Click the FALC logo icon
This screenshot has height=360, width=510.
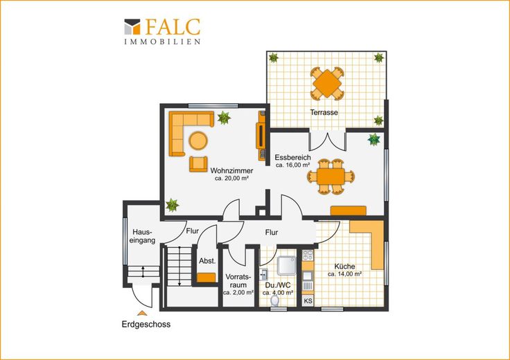[x=132, y=26]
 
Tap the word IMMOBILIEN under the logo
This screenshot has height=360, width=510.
[x=162, y=42]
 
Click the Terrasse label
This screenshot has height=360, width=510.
[x=324, y=112]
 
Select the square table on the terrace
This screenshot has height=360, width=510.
[x=327, y=84]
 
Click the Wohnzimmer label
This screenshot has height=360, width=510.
[x=231, y=170]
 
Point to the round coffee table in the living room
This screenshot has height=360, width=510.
[x=198, y=141]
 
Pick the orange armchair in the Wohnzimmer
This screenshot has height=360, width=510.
[x=198, y=164]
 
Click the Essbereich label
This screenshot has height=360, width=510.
[x=292, y=157]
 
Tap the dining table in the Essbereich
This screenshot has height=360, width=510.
[x=331, y=177]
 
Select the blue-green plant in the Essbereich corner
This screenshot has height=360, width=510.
[x=374, y=139]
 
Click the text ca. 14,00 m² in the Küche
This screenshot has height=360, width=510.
[x=345, y=274]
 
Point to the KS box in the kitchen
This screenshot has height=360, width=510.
[x=308, y=301]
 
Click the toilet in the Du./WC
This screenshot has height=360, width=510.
[x=275, y=300]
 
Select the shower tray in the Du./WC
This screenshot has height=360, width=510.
[x=287, y=265]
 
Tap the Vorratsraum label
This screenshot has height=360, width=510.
[x=238, y=281]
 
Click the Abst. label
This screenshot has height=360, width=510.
[x=207, y=261]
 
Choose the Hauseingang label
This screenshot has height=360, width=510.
[x=143, y=237]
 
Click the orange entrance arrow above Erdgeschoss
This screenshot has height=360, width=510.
[x=142, y=313]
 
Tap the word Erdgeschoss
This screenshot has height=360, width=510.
[x=146, y=324]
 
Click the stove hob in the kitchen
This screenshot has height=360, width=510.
[x=308, y=255]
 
